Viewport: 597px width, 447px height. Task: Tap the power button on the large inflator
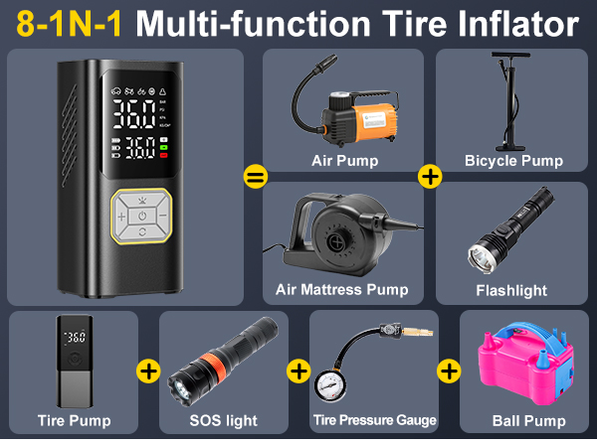(142, 215)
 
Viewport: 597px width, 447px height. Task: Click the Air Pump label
(344, 160)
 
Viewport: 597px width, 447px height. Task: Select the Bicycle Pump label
(513, 160)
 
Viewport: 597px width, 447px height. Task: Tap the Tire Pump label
(74, 420)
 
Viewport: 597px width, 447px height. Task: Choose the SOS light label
(223, 420)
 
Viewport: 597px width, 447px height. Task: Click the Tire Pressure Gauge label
(374, 420)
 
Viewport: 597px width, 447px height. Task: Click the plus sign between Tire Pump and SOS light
(148, 372)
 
